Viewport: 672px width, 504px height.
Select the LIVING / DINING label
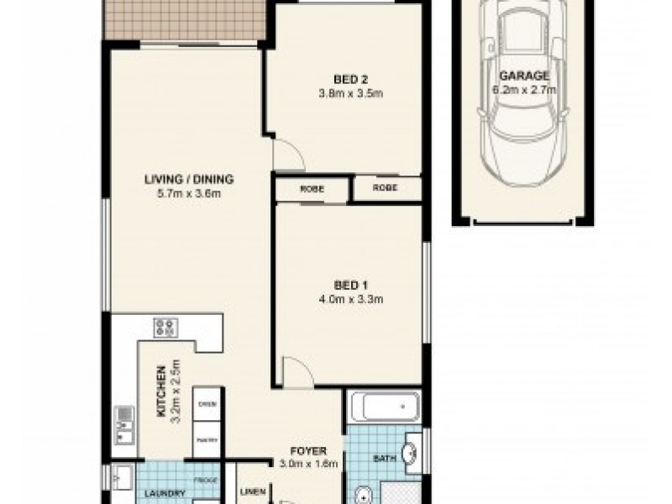(188, 179)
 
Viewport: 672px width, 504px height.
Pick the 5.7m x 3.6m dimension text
(188, 195)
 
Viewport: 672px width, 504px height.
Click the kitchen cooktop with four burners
(163, 326)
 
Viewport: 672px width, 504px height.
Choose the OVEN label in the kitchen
(207, 404)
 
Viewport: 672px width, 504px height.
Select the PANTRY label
(207, 438)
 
